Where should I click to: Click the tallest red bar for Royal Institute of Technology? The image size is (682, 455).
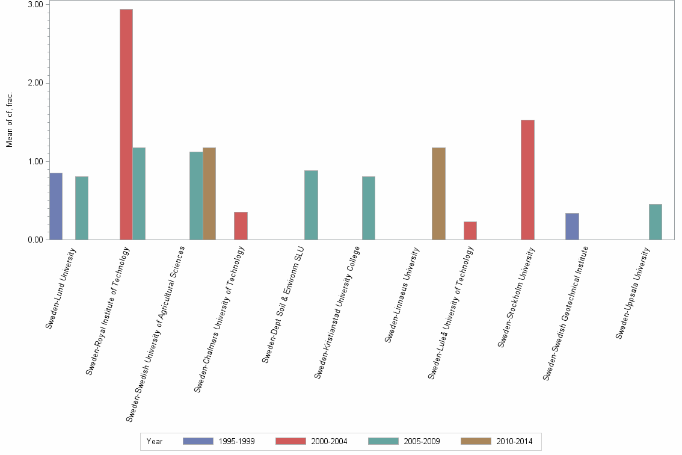point(126,124)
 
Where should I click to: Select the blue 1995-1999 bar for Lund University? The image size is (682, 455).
point(56,206)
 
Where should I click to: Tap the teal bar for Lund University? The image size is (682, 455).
point(82,208)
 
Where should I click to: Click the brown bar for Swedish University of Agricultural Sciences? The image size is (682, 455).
point(209,194)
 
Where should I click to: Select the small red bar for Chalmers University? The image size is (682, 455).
point(241,226)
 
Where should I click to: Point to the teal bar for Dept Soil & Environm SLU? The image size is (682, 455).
point(311,205)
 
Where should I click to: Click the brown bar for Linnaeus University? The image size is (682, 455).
point(438,194)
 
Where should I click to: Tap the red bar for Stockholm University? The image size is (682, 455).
point(527,180)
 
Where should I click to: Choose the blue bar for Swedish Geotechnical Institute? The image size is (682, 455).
point(572,227)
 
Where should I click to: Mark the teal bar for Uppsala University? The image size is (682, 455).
point(656,222)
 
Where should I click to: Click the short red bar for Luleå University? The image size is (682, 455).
point(470,231)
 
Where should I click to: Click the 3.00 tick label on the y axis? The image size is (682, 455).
point(34,5)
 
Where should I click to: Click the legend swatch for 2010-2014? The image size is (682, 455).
point(476,441)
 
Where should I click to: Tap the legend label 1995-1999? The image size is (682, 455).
point(237,441)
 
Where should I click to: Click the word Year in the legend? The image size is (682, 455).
point(155,441)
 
